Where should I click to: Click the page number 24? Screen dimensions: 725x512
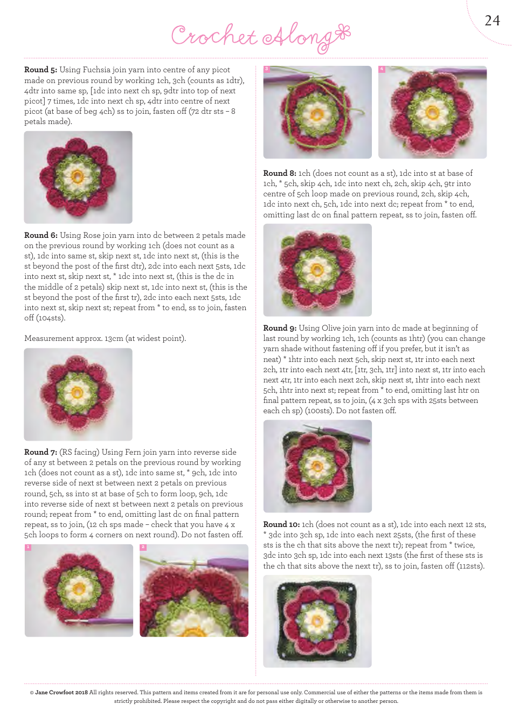pyautogui.click(x=492, y=20)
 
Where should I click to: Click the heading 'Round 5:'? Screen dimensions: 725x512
pyautogui.click(x=40, y=70)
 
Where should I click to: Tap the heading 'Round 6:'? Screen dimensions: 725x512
pyautogui.click(x=41, y=235)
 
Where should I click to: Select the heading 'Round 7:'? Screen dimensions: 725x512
pyautogui.click(x=41, y=452)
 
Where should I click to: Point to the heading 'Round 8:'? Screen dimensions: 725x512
pyautogui.click(x=280, y=173)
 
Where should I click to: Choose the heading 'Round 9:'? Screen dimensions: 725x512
pyautogui.click(x=280, y=328)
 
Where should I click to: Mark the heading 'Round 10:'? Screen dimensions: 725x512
pyautogui.click(x=281, y=524)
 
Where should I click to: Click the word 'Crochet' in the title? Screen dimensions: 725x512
pyautogui.click(x=214, y=36)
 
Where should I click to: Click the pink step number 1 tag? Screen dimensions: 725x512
pyautogui.click(x=28, y=548)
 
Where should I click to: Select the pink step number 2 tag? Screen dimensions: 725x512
pyautogui.click(x=143, y=548)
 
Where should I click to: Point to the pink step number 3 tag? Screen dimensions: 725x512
pyautogui.click(x=267, y=69)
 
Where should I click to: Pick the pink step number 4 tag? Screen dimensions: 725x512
pyautogui.click(x=382, y=69)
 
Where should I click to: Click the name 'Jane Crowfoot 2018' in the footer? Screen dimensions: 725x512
pyautogui.click(x=61, y=692)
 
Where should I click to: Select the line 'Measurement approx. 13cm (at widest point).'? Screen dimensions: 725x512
pyautogui.click(x=105, y=338)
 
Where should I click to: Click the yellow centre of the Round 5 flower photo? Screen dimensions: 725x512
pyautogui.click(x=78, y=176)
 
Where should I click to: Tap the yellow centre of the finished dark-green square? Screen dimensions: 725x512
pyautogui.click(x=317, y=621)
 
